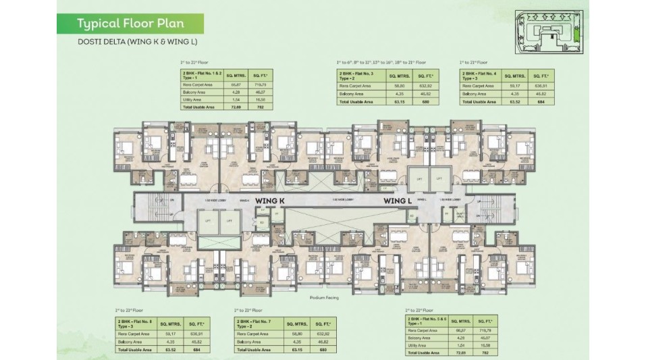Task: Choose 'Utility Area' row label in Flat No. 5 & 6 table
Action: pos(419,344)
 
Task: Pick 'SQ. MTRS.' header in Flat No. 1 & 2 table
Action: pos(236,76)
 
